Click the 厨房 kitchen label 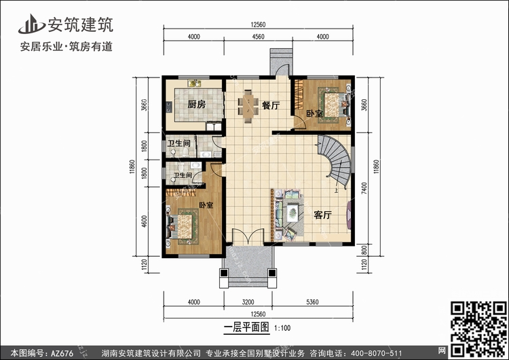tap(197, 105)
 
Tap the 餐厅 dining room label tap(271, 105)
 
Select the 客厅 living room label tap(322, 215)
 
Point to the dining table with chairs tap(248, 106)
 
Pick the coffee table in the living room tap(293, 213)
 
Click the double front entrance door tap(248, 236)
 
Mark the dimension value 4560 tap(258, 37)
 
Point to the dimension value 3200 tap(248, 302)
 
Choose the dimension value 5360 tap(312, 302)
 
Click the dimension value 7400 tap(364, 188)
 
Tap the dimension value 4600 tap(145, 221)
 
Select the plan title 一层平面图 tap(247, 327)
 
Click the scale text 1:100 tap(282, 328)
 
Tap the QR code tap(478, 329)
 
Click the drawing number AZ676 tap(62, 353)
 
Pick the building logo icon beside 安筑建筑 tap(31, 24)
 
